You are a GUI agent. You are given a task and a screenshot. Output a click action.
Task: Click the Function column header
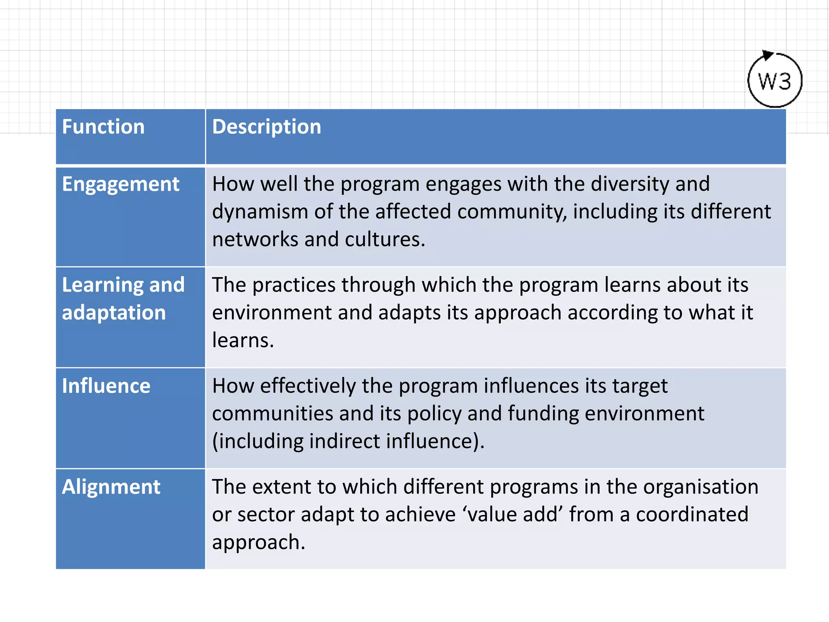pos(103,127)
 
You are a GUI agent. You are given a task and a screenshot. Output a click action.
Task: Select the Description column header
pos(266,127)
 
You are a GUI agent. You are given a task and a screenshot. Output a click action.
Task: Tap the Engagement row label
pos(120,185)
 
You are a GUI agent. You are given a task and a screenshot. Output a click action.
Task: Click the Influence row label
pos(106,386)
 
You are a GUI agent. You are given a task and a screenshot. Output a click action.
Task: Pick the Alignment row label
pos(111,487)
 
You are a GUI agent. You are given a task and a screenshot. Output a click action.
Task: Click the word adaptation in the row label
pos(114,313)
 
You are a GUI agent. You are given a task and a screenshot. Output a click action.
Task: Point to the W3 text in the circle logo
pos(774,82)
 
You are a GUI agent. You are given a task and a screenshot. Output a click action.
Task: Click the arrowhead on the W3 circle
pos(766,55)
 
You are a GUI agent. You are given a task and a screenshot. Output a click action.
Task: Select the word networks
pos(255,240)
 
